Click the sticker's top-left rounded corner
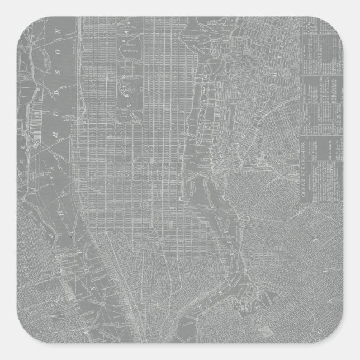9,9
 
